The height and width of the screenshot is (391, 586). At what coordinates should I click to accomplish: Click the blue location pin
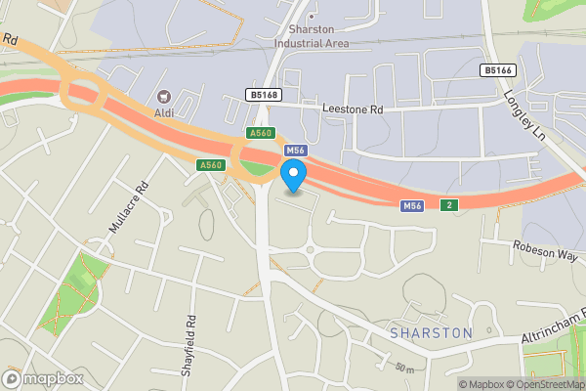point(293,175)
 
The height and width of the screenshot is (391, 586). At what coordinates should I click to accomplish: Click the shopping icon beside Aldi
point(164,98)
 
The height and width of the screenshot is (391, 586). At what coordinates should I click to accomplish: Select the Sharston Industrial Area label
point(312,36)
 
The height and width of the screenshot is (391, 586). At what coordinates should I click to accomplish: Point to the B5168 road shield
point(263,95)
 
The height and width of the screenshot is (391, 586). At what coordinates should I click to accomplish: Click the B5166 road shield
point(499,70)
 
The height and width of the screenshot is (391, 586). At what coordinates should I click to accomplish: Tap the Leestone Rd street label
point(353,111)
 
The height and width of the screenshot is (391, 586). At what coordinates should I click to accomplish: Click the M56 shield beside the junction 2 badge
point(412,205)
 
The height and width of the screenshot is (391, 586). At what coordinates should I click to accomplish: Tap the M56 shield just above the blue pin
point(296,151)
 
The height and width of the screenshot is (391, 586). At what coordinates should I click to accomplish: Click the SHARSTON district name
point(431,333)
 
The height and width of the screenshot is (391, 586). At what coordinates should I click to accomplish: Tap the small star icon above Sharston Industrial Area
point(312,17)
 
